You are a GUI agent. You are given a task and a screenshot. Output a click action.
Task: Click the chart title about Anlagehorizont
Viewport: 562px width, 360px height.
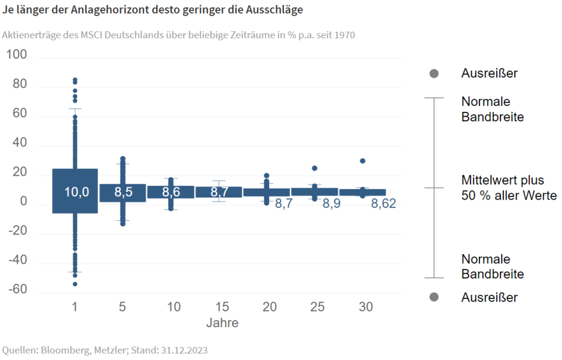[152, 10]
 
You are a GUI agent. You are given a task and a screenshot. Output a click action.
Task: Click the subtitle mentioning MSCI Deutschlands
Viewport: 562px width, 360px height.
[178, 35]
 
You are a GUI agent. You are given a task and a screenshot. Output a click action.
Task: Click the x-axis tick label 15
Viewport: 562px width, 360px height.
[221, 307]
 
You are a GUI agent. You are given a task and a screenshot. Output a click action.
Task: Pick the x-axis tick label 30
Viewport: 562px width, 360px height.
[366, 307]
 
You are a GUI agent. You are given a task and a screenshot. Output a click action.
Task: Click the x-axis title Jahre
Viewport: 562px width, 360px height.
[222, 324]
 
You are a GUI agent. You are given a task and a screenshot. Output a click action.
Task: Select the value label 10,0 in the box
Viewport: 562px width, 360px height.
[77, 192]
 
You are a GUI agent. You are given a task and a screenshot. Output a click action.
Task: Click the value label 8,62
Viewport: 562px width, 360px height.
[384, 205]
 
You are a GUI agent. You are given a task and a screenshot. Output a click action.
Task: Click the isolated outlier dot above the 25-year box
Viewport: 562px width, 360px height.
[314, 168]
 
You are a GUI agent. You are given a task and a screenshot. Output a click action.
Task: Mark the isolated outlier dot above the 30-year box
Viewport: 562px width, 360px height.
[362, 161]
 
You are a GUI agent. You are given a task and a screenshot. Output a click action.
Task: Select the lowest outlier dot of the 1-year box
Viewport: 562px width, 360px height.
[75, 284]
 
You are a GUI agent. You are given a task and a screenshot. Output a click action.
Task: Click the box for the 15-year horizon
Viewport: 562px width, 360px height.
[219, 192]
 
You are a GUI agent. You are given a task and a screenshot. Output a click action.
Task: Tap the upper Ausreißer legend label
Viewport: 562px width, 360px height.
[489, 74]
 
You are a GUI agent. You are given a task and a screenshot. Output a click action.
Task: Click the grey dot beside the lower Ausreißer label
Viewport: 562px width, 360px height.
[434, 297]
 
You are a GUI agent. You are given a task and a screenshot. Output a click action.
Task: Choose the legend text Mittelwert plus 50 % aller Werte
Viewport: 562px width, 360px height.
[508, 188]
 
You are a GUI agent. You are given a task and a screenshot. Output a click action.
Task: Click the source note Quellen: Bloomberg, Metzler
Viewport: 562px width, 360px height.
[105, 350]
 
